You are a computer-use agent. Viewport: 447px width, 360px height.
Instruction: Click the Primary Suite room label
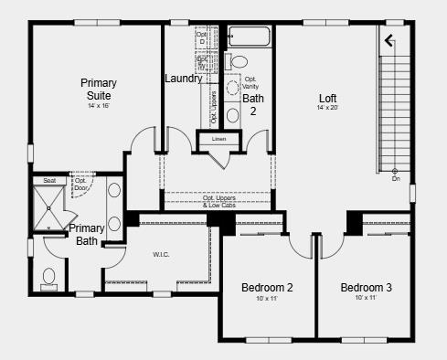coord(98,89)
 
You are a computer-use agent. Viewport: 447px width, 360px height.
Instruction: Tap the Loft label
coord(327,98)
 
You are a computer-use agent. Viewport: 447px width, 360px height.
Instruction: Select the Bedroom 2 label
coord(267,288)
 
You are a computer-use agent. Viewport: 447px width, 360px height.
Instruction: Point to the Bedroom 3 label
coord(366,288)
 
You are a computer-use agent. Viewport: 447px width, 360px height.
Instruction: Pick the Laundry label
coord(183,79)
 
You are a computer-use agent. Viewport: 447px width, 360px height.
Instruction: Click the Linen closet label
coord(218,139)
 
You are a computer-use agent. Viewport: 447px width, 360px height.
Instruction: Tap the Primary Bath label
coord(87,235)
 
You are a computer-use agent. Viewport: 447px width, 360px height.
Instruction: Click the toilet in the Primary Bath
coord(49,277)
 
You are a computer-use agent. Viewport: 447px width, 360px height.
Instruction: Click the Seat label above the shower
coord(49,181)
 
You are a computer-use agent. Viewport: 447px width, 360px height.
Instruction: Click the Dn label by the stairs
coord(396,179)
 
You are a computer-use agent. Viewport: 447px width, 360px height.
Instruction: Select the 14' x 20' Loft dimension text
coord(327,108)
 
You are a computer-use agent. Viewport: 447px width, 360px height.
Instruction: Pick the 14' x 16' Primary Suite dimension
coord(98,105)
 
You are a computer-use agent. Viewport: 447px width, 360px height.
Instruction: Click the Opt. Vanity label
coord(250,82)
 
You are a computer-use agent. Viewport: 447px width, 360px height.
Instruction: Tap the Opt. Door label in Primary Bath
coord(80,184)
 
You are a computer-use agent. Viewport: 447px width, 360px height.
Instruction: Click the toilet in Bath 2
coord(239,62)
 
